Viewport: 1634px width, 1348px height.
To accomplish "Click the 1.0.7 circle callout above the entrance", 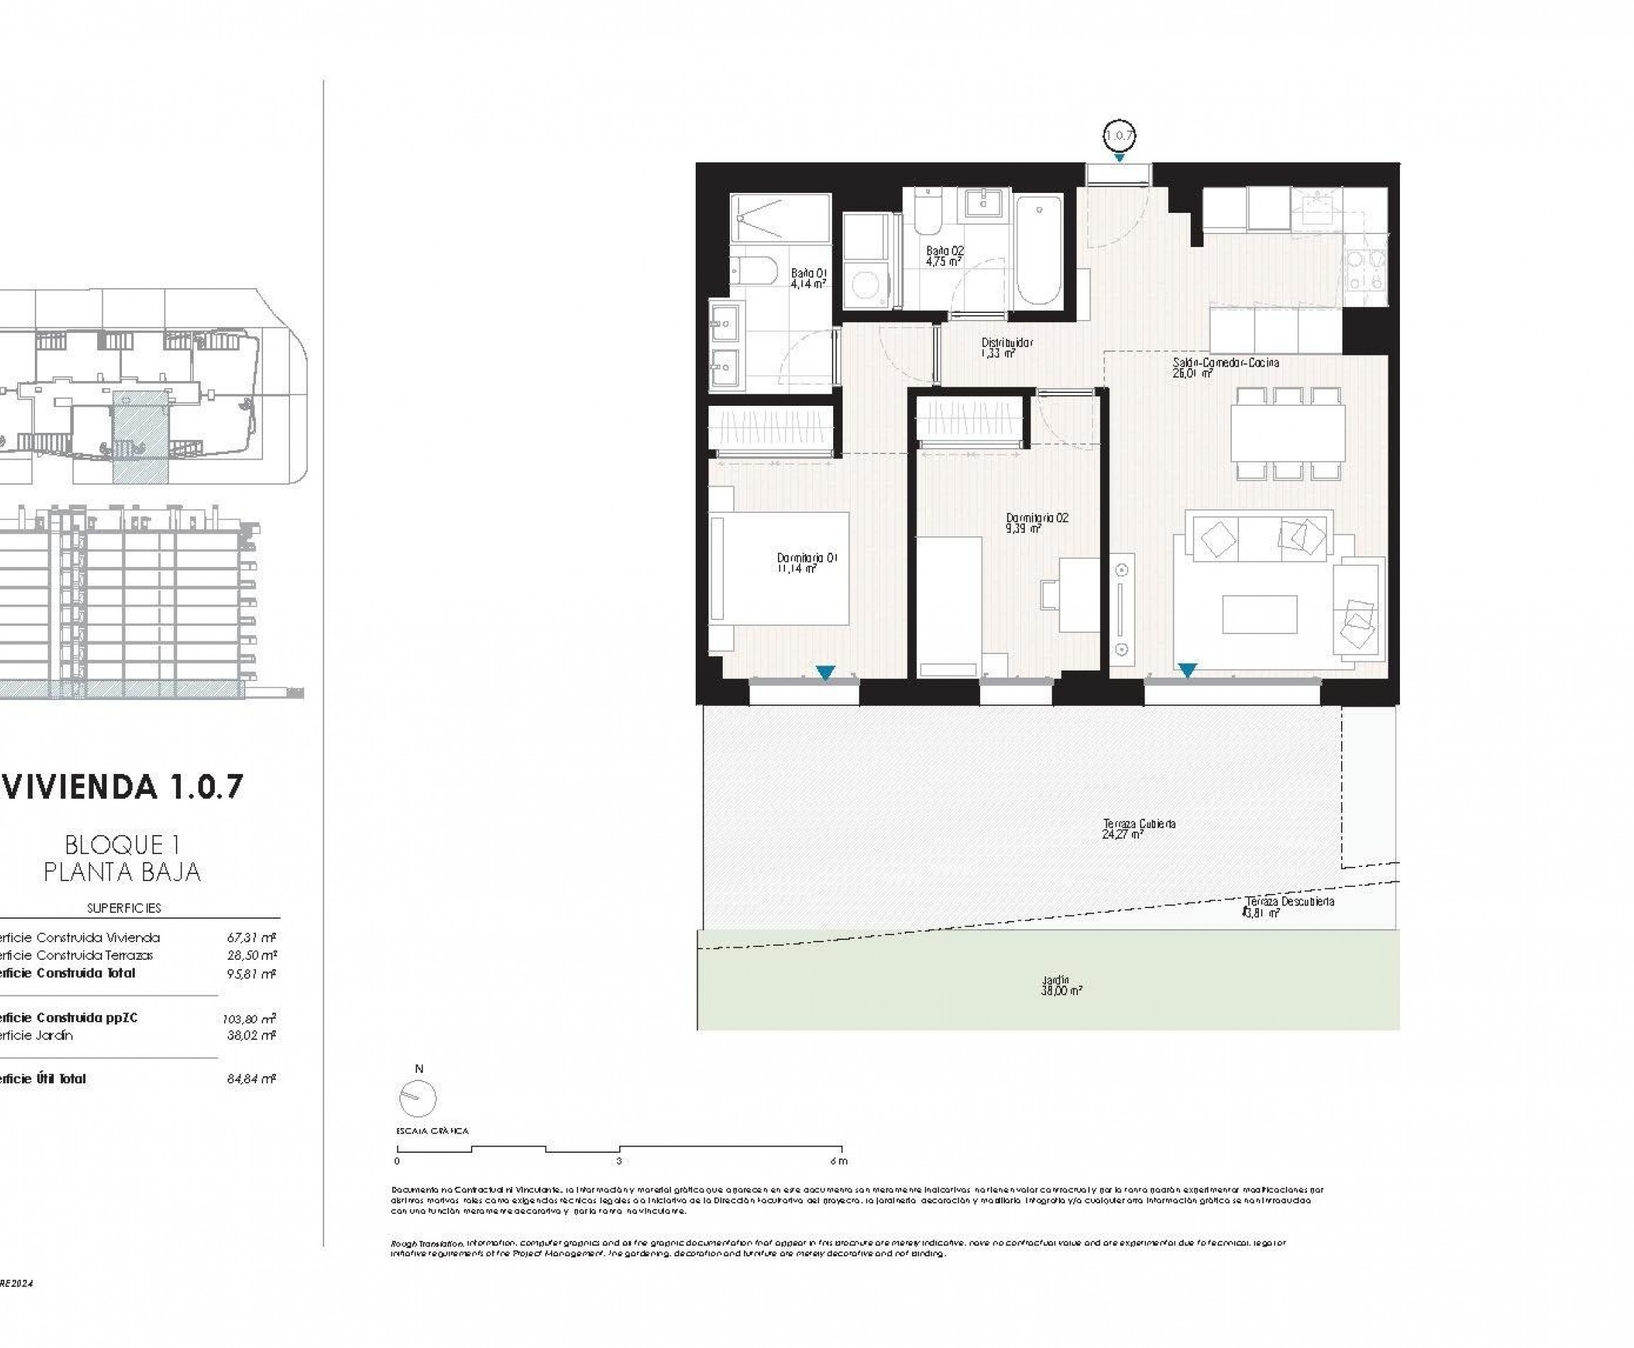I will click(x=1118, y=136).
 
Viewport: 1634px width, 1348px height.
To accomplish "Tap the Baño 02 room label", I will click(x=945, y=256).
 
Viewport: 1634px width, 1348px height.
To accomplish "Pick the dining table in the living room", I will click(x=1288, y=433).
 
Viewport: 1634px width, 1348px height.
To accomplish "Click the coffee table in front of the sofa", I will click(x=1259, y=614).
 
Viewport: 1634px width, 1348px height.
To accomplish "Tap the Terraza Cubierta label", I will click(x=1139, y=829).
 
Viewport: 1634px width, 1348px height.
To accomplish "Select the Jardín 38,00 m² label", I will click(x=1061, y=985).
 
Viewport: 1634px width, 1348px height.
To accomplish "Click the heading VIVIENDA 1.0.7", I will click(x=122, y=787).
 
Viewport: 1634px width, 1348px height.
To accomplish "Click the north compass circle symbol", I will click(x=418, y=1098).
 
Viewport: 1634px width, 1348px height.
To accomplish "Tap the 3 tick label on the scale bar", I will click(x=618, y=1161).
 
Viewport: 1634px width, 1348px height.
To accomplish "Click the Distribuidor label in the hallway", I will click(x=1007, y=347).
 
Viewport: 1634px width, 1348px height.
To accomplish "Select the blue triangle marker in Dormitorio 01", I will click(x=825, y=672).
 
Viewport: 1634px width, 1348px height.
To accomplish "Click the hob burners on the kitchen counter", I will click(x=1365, y=270).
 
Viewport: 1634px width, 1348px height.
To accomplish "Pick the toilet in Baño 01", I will click(x=755, y=271).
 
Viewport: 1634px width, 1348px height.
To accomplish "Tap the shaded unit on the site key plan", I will click(x=140, y=436).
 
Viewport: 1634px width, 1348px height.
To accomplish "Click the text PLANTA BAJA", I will click(x=122, y=872).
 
